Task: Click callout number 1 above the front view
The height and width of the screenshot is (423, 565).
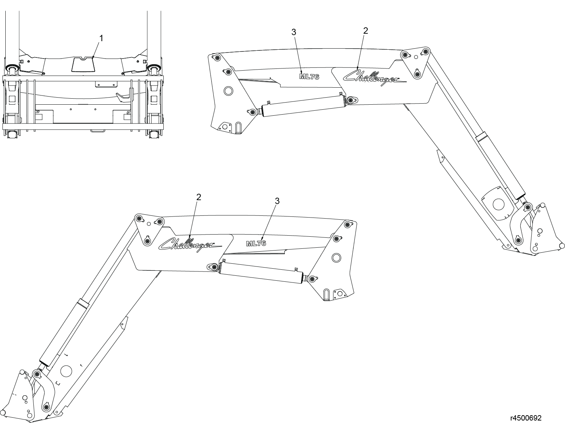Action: pyautogui.click(x=101, y=38)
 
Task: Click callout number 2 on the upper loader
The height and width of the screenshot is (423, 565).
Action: pyautogui.click(x=365, y=31)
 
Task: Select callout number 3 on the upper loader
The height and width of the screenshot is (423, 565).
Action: pyautogui.click(x=294, y=32)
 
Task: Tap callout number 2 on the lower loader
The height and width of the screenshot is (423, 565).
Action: pyautogui.click(x=199, y=197)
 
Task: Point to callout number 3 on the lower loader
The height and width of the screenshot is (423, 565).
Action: pyautogui.click(x=277, y=201)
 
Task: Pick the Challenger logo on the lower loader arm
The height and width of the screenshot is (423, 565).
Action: pyautogui.click(x=190, y=245)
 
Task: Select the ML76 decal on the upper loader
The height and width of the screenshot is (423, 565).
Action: pyautogui.click(x=309, y=77)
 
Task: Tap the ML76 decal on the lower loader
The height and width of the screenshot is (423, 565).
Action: pyautogui.click(x=256, y=243)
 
